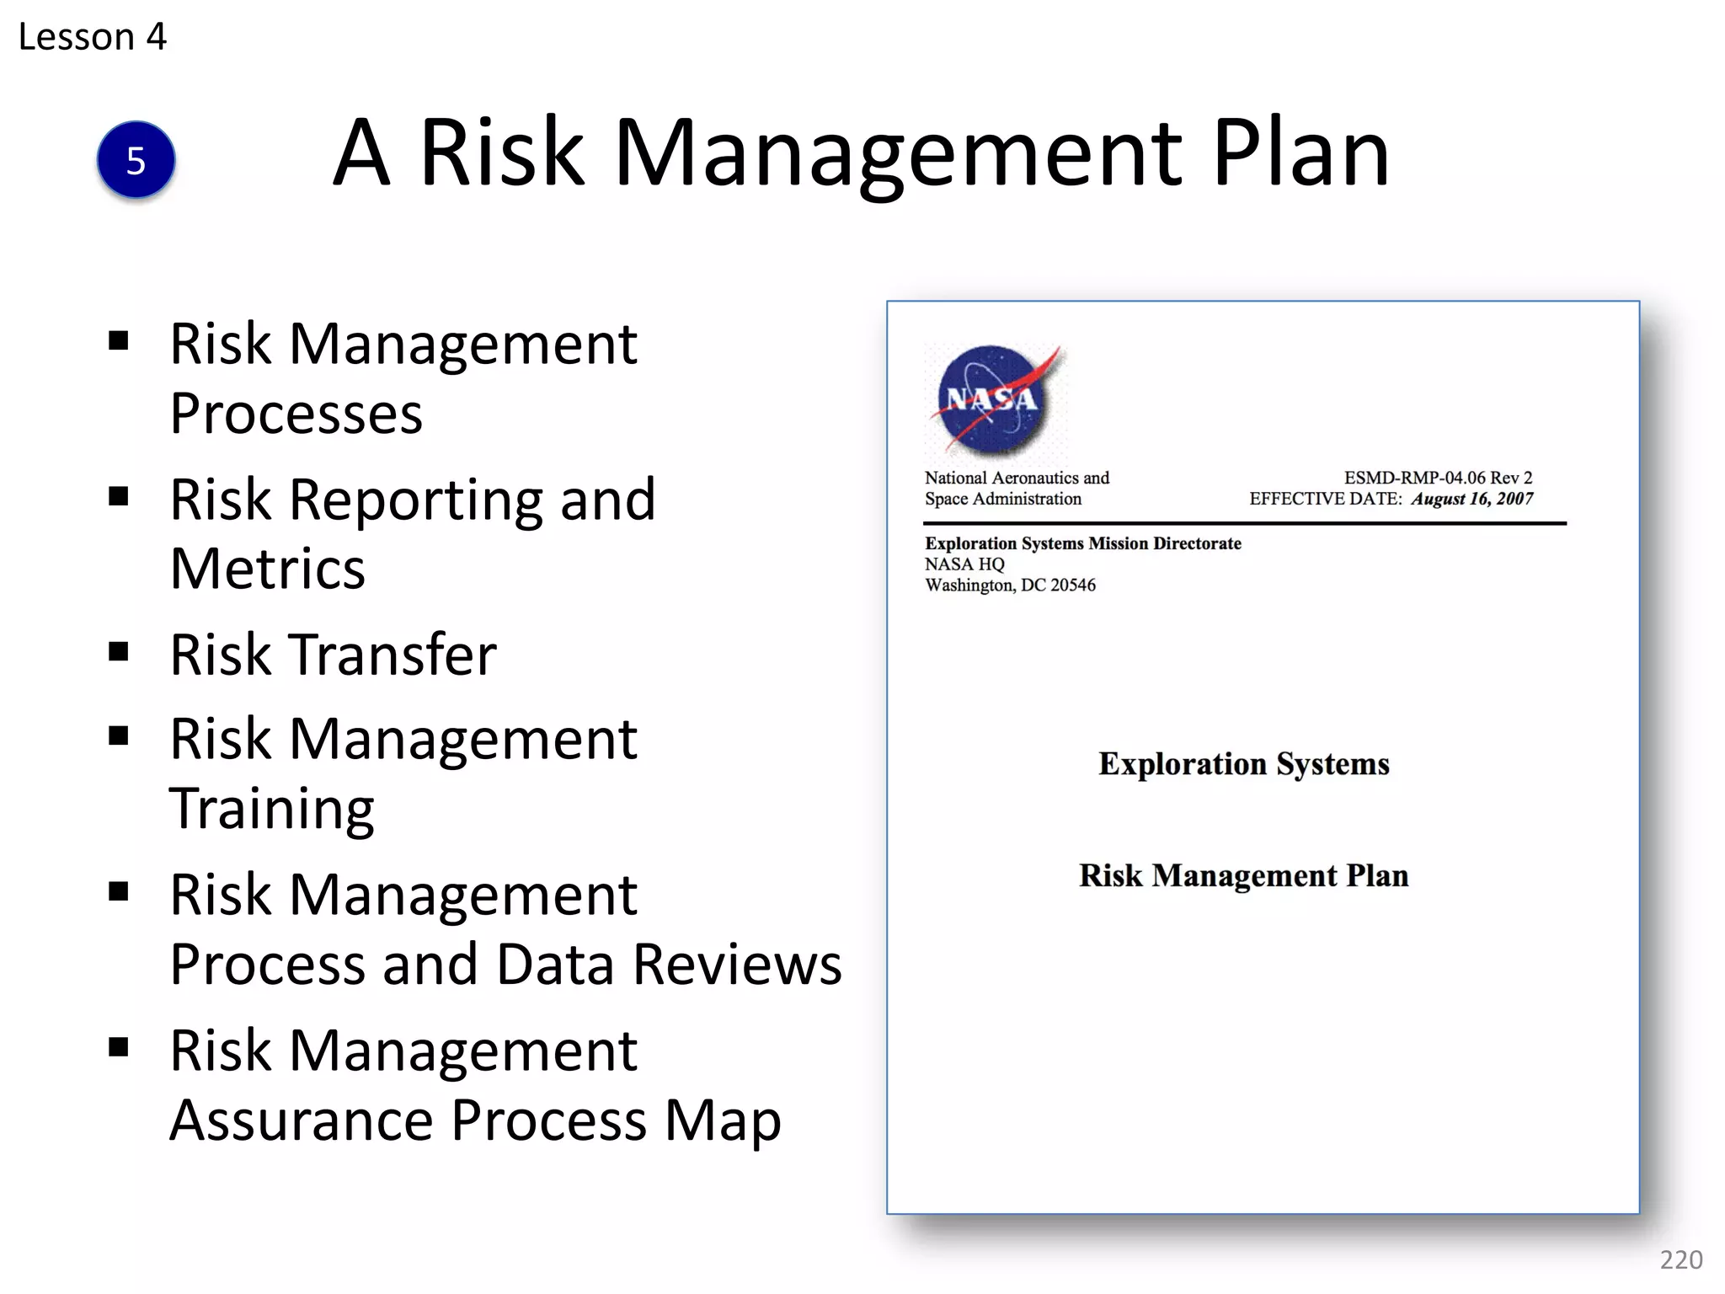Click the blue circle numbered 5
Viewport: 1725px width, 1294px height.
136,160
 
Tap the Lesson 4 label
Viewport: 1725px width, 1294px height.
93,37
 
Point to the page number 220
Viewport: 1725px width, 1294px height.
1680,1259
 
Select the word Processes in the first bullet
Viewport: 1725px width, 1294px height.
296,414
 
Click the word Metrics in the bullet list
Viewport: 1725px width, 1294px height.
267,569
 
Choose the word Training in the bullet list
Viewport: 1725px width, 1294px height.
271,809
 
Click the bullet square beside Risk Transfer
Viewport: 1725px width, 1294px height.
119,651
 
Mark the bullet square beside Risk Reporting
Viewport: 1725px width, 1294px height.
119,496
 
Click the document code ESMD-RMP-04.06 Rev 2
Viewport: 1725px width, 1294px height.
1438,478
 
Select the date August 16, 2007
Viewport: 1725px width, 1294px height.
1472,499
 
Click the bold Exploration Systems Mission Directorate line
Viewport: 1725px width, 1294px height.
1082,543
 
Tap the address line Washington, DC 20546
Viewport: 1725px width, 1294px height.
1010,586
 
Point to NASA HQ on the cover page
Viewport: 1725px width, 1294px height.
964,564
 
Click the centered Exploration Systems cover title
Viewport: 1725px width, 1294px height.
1243,764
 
